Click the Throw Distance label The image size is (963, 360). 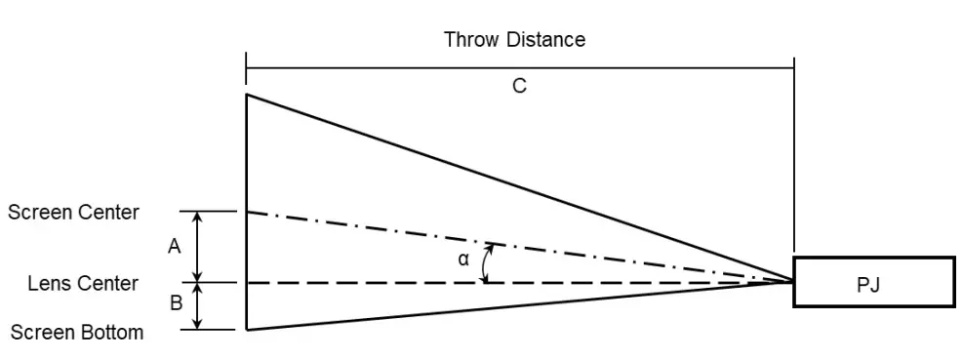pos(514,40)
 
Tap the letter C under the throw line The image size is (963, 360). pos(519,86)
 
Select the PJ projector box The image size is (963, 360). pos(873,282)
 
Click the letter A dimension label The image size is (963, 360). pos(175,247)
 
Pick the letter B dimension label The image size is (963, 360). pos(176,303)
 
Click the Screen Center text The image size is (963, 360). pos(73,212)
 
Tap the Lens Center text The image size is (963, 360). pos(83,283)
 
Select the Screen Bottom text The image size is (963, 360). pos(77,333)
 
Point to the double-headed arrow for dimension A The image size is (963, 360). pos(199,247)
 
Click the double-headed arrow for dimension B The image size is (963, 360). pos(199,306)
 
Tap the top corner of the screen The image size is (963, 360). pos(246,95)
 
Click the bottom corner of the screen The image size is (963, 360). pos(246,330)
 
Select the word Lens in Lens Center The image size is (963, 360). pos(48,283)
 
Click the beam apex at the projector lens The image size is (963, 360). pos(792,282)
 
